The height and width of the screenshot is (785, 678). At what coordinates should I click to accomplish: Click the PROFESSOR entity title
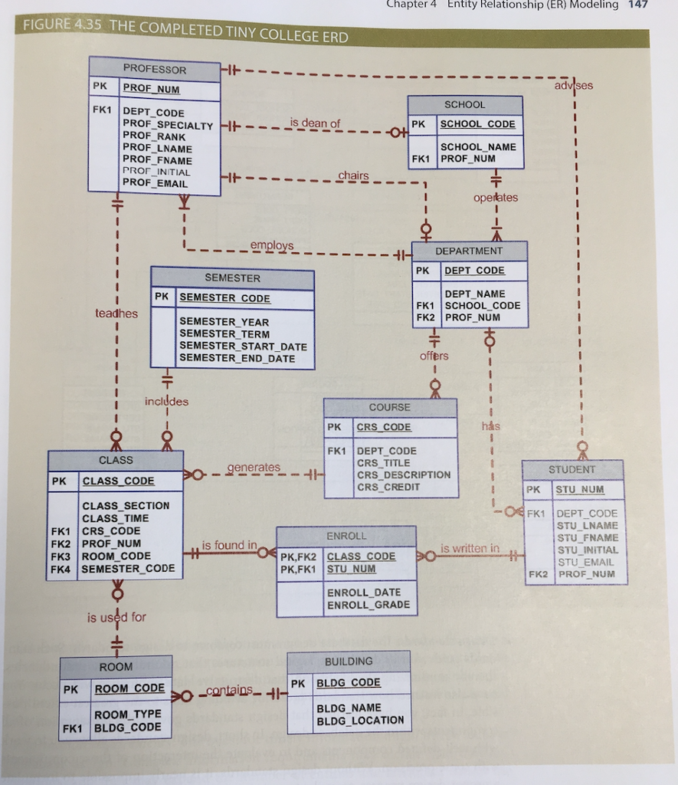155,70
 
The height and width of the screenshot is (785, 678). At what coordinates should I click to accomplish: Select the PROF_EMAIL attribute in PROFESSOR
156,184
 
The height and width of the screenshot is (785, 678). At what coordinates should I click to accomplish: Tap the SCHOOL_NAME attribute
478,146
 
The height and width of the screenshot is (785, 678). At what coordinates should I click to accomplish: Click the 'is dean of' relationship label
315,123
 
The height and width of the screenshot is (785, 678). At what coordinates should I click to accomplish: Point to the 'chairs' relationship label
353,176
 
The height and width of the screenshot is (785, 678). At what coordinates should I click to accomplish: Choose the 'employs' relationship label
271,245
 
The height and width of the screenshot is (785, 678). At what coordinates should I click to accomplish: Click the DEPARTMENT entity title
469,251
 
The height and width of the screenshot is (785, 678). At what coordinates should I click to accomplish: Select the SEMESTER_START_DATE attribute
243,347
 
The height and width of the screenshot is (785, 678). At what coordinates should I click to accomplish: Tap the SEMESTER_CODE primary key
224,298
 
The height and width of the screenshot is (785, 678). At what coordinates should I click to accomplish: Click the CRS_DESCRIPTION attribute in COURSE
404,475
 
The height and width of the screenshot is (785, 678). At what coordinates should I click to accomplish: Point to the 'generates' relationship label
254,467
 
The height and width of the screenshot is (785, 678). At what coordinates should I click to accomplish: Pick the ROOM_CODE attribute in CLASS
116,556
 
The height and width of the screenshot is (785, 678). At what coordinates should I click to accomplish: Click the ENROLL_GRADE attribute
368,605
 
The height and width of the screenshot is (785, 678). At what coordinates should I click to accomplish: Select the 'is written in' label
470,548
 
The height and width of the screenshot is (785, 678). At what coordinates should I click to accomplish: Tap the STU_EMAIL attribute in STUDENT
587,562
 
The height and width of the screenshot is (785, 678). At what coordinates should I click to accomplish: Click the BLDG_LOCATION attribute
360,720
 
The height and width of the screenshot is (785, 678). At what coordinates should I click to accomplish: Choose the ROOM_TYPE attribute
127,714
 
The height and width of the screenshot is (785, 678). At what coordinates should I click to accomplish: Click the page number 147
637,5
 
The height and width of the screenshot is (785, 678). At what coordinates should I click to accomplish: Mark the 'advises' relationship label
573,85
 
